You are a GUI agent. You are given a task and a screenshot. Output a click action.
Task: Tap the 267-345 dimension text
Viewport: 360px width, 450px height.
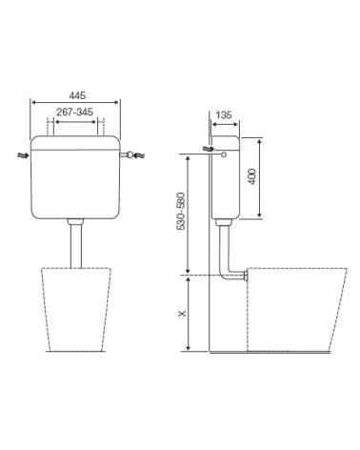point(75,112)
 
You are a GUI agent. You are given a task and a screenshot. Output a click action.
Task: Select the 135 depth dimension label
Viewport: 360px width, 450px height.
point(224,114)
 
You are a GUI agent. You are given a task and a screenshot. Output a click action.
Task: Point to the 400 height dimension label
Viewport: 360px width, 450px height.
point(252,176)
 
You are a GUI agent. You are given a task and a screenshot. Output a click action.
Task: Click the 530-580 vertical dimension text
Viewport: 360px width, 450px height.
point(181,211)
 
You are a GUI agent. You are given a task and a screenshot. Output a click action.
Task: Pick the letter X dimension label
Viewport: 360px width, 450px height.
point(182,314)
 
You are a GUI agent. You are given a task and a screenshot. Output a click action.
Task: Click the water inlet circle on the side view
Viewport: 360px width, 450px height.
point(224,154)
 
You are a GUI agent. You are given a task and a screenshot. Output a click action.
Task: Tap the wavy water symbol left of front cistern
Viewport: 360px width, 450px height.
point(22,155)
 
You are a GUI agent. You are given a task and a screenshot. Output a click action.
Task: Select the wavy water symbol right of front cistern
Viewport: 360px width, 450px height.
point(139,155)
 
